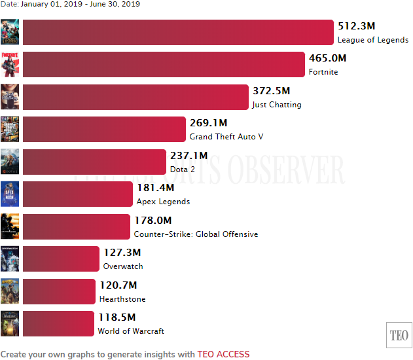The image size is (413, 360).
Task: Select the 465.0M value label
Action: pyautogui.click(x=327, y=58)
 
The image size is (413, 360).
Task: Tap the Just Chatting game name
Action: pyautogui.click(x=277, y=105)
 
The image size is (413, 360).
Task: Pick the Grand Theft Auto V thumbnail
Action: pyautogui.click(x=10, y=129)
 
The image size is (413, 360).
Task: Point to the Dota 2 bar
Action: pyautogui.click(x=94, y=162)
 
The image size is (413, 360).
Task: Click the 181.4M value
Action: pyautogui.click(x=154, y=188)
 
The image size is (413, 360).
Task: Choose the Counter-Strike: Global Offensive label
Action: pyautogui.click(x=196, y=234)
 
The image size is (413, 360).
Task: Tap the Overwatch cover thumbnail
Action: pyautogui.click(x=10, y=259)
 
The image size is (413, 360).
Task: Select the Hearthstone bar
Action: pyautogui.click(x=60, y=291)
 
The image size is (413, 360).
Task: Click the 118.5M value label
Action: pyautogui.click(x=116, y=317)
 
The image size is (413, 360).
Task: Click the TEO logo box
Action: pyautogui.click(x=399, y=335)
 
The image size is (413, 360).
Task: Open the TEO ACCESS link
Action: pyautogui.click(x=223, y=354)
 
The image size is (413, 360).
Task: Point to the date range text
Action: pyautogui.click(x=70, y=4)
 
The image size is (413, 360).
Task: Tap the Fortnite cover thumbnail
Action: pyautogui.click(x=10, y=64)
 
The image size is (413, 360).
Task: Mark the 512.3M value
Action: pyautogui.click(x=356, y=26)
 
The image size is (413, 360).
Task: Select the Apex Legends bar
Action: pyautogui.click(x=78, y=194)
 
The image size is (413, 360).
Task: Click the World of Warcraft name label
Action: pyautogui.click(x=131, y=331)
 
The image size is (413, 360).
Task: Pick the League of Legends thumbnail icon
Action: pyautogui.click(x=10, y=32)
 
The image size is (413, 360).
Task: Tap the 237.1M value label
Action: pyautogui.click(x=189, y=156)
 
